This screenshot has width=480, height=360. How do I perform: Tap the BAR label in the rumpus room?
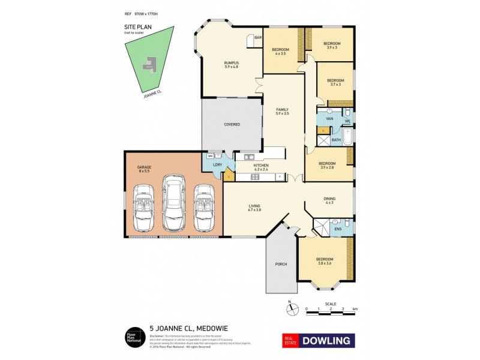tap(258, 38)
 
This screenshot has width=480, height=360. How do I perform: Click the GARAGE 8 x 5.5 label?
tap(143, 169)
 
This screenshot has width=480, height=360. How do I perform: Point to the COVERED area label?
tap(232, 124)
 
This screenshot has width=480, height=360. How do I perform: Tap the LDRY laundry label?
tap(216, 166)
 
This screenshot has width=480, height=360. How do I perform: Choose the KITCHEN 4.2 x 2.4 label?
tap(260, 167)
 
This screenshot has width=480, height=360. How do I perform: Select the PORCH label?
tap(281, 264)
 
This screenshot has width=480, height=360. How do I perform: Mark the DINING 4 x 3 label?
tap(329, 200)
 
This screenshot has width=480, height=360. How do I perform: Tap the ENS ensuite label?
tap(338, 229)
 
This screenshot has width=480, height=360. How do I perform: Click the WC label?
tap(347, 121)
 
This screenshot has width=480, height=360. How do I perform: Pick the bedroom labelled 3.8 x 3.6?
tap(325, 261)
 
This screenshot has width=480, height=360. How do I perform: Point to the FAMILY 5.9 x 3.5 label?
tap(282, 111)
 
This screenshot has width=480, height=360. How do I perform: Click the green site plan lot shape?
tap(150, 63)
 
